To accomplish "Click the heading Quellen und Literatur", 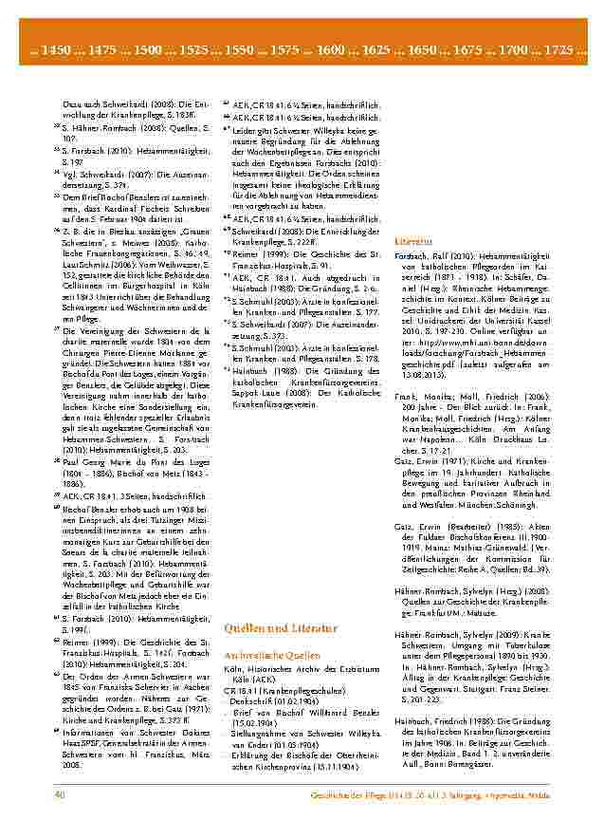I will (x=280, y=628).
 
